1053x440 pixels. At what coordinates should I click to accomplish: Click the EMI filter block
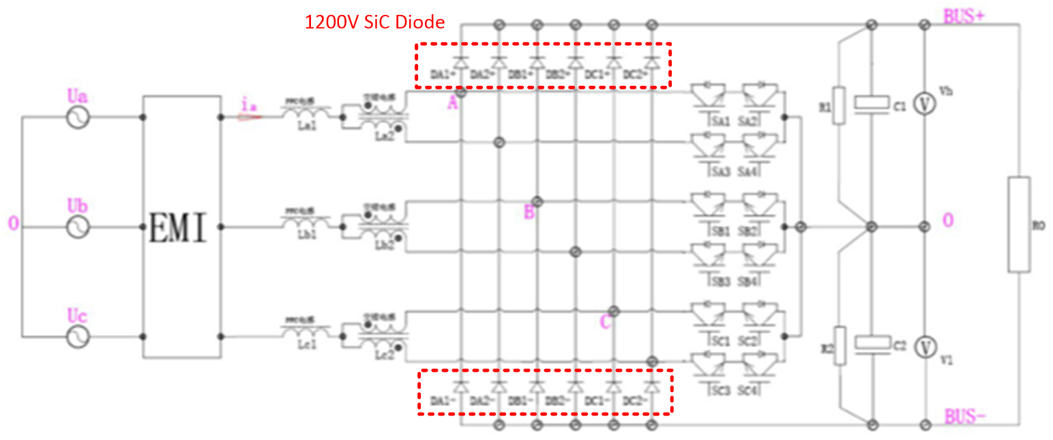(x=181, y=227)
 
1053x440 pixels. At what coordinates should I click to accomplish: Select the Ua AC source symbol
(x=78, y=117)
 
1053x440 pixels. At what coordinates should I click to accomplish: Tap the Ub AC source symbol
(x=78, y=227)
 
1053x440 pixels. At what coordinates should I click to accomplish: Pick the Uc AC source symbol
(x=78, y=336)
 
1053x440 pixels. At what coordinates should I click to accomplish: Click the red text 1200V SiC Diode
(x=374, y=23)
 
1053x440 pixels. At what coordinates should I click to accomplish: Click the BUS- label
(x=964, y=415)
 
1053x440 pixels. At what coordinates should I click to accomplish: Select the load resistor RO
(x=1019, y=224)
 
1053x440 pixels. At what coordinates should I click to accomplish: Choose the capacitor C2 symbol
(x=871, y=344)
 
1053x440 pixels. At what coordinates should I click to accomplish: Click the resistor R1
(x=840, y=105)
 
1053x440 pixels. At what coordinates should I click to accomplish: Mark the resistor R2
(x=840, y=346)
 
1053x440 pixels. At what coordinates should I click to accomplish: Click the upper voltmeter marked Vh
(x=925, y=104)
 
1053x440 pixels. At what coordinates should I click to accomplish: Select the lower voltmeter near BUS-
(x=925, y=347)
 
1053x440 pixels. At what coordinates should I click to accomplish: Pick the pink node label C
(x=605, y=322)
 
